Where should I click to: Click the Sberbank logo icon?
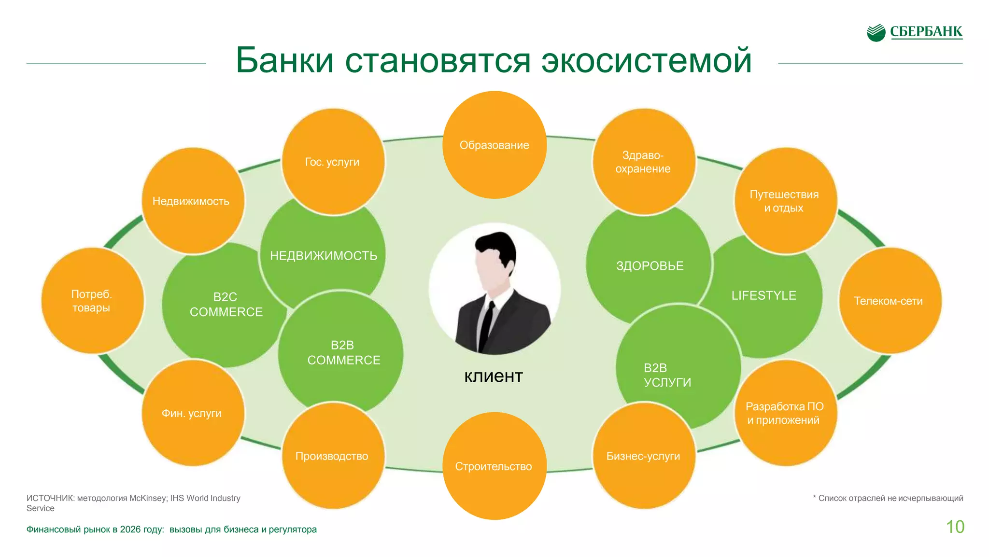(x=876, y=33)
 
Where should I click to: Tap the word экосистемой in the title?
(x=646, y=61)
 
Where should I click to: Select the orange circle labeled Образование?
(x=494, y=145)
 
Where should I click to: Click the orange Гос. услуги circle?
(x=333, y=162)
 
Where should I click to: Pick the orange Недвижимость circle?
(x=192, y=201)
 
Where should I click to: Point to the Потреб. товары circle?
(x=92, y=301)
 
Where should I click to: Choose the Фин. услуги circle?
(x=192, y=413)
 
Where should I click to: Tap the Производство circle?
(x=333, y=456)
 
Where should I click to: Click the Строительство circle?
(x=494, y=466)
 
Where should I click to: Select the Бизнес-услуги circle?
(x=644, y=456)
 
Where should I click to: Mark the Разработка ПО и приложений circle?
(x=785, y=413)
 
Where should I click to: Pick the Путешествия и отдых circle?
(x=785, y=201)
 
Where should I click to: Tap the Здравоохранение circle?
(x=644, y=162)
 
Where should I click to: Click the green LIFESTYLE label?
(x=763, y=295)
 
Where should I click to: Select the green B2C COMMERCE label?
(x=226, y=305)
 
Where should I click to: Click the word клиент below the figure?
(x=494, y=376)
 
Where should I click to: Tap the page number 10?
(x=955, y=527)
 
